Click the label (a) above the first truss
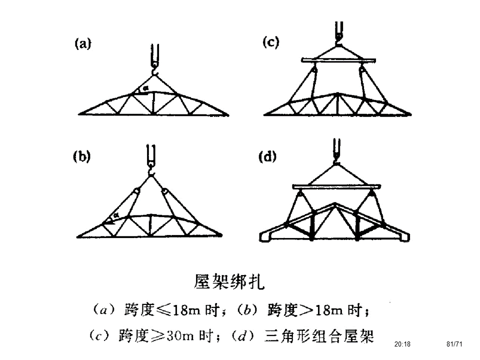(83, 44)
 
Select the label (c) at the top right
(270, 43)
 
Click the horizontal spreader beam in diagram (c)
(338, 60)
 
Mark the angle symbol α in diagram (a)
(145, 89)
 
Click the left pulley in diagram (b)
(136, 191)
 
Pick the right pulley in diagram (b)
(164, 191)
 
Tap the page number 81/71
(454, 344)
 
